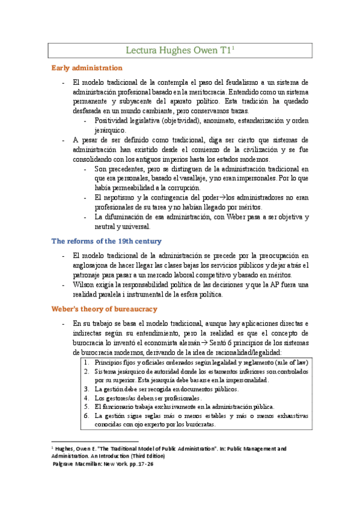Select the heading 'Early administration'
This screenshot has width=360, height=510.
coord(87,67)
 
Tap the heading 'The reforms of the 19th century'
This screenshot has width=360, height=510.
coord(106,241)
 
